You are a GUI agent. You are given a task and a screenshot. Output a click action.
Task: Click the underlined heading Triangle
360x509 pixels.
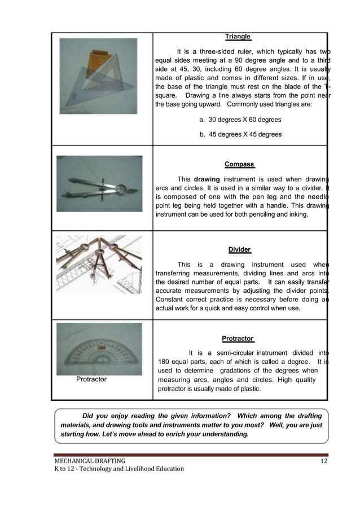(238, 37)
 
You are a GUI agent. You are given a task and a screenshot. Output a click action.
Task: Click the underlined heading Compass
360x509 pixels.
(239, 165)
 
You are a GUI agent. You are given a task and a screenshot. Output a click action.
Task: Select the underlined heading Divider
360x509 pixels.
(239, 249)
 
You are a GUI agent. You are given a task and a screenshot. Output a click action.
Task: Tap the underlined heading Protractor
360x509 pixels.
(238, 339)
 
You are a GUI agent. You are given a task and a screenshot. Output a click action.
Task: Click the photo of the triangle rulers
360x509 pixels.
(99, 76)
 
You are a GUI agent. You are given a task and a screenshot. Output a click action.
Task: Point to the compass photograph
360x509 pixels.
(99, 184)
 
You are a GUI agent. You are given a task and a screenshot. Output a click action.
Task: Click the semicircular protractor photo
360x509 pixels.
(99, 349)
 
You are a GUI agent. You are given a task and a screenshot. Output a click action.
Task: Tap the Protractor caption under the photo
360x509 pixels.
(91, 379)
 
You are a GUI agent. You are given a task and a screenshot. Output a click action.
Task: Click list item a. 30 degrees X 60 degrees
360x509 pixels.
(240, 120)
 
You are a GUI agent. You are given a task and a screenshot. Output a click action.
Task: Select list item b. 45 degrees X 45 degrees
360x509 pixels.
(240, 134)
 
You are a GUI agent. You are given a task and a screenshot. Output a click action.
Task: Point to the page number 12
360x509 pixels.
(323, 463)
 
